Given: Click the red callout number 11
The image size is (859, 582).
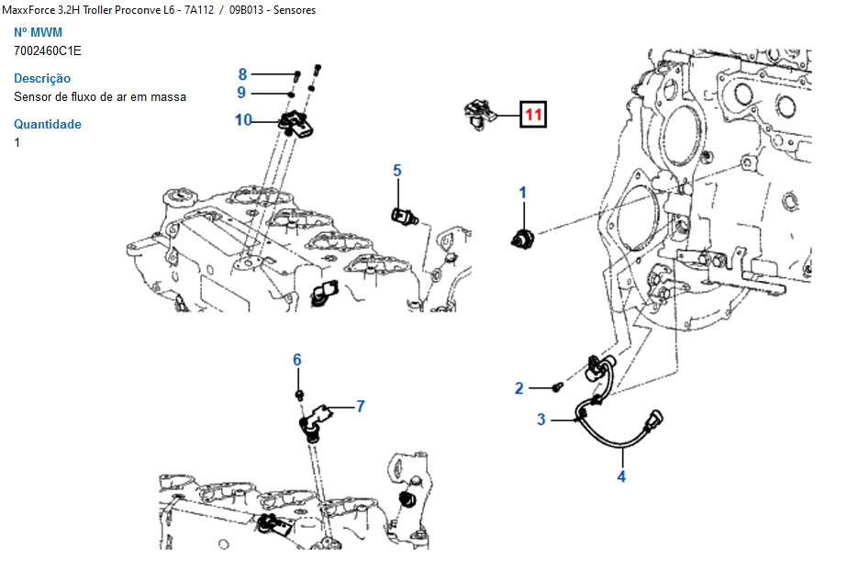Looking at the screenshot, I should pos(533,115).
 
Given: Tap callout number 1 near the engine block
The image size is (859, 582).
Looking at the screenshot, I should pos(523,193).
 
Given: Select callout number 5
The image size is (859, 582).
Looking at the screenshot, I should pos(397,171).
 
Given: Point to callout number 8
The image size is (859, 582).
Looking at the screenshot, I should pos(242,74).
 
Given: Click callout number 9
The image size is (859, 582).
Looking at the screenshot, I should pos(241,93).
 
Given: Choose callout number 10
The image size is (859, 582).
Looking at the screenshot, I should pos(242,119).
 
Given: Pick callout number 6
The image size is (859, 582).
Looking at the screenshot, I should pos(297,360).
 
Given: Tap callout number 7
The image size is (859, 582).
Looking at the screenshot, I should pos(361,405).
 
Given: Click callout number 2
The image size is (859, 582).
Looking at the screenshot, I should pos(519,388).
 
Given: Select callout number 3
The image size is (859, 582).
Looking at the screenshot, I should pos(541,420).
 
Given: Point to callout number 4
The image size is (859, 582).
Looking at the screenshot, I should pos(621,476).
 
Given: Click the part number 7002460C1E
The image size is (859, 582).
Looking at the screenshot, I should pos(48,50).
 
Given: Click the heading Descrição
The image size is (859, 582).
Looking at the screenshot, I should pos(42,79).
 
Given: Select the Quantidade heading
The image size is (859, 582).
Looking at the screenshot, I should pos(48,125).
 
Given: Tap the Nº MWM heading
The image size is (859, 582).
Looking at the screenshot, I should pos(39,33).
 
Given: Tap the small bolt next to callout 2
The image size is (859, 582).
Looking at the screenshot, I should pos(556,387).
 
